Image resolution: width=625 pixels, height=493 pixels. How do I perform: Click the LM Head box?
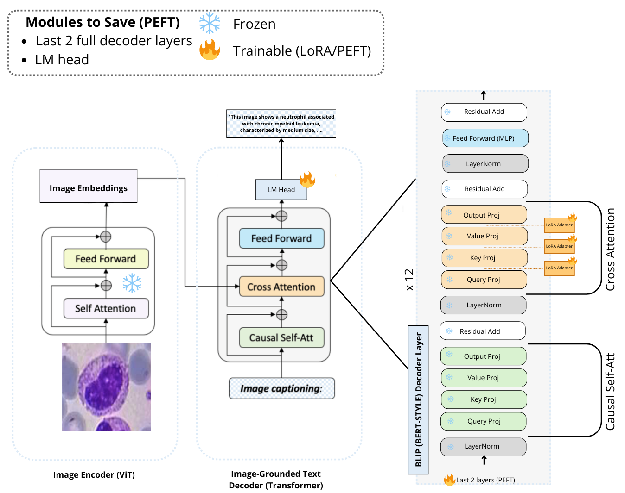pos(281,190)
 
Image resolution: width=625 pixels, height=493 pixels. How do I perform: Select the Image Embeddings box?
pos(88,186)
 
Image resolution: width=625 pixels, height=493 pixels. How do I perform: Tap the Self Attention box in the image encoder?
pos(106,308)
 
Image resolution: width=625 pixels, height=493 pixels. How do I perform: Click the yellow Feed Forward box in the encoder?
pos(106,259)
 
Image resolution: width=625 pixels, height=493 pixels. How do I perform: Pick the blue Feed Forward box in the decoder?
pos(281,238)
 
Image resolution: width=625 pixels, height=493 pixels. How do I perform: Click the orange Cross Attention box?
pos(281,287)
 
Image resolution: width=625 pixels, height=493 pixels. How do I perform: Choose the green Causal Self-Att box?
pos(281,338)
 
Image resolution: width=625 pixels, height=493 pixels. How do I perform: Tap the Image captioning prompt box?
pos(281,388)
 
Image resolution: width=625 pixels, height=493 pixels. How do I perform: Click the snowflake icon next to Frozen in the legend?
pos(210,23)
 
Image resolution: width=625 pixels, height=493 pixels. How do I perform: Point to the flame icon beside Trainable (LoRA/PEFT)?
pos(210,50)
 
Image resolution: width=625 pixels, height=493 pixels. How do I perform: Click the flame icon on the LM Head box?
pos(307,180)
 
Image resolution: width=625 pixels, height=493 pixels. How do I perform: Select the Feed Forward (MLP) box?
pos(485,138)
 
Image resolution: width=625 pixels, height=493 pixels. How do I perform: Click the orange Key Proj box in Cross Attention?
pos(484,258)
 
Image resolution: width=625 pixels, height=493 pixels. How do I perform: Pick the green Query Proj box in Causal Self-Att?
pos(484,421)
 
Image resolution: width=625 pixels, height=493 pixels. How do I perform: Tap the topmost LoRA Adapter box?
pos(559,225)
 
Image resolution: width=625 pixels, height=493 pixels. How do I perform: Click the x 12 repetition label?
pos(409,280)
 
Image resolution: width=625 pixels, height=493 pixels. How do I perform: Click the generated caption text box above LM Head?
pos(281,124)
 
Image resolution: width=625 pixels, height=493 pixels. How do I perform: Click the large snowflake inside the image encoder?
pos(132,283)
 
